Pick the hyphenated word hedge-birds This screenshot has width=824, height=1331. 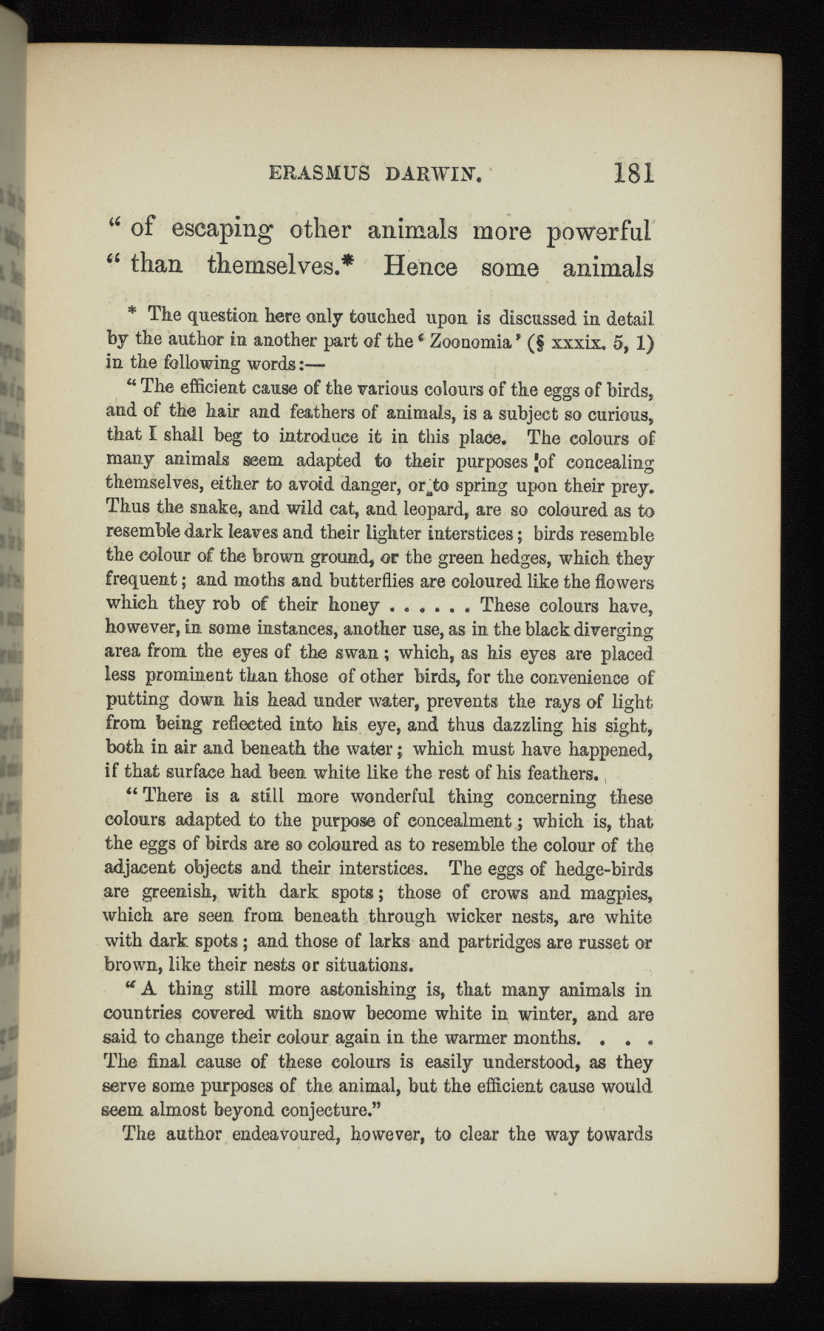602,868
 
